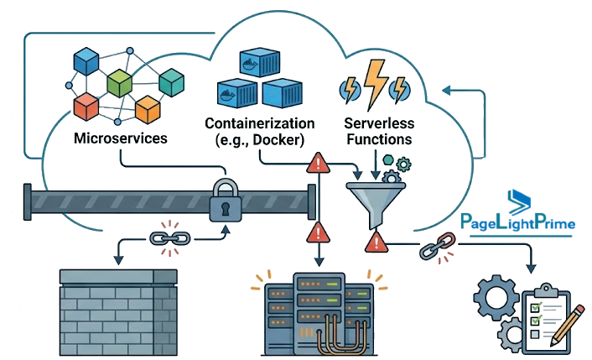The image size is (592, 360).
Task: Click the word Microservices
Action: pos(121,138)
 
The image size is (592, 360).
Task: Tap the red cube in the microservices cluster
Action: pos(86,107)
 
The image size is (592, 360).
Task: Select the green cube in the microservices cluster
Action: pos(119,83)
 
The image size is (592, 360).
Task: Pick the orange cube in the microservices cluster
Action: pos(148,110)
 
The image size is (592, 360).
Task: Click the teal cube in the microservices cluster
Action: pos(171,82)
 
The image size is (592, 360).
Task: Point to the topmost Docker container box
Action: pos(260,62)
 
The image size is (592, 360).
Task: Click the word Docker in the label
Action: pos(278,140)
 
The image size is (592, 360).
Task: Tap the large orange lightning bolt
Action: pos(375,84)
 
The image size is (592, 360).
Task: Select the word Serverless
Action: pos(379,123)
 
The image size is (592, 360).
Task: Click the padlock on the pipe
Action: pos(226,201)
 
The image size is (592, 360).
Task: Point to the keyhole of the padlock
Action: pos(226,209)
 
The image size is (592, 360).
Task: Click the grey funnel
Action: pos(376,203)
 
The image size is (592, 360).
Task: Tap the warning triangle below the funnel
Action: pos(376,243)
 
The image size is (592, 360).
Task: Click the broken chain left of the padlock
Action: pos(170,238)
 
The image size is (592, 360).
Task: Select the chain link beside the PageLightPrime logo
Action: pos(438,246)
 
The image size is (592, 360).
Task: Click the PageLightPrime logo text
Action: pos(517,222)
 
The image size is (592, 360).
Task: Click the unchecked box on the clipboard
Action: pos(535,334)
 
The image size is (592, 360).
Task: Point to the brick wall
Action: pos(118,312)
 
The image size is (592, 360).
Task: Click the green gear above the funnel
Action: pos(403,164)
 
